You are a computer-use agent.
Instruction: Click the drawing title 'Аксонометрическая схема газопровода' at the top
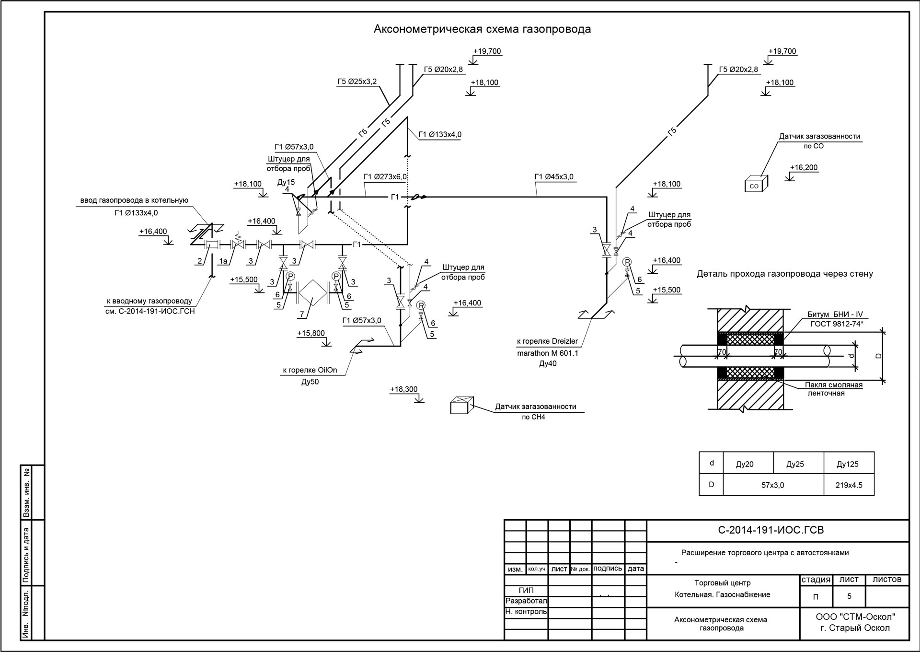(482, 29)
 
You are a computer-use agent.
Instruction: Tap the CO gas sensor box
(756, 184)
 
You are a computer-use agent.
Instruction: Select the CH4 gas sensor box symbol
(462, 405)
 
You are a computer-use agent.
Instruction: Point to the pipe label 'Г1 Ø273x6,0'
(385, 177)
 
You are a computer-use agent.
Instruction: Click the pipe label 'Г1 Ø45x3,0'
(554, 177)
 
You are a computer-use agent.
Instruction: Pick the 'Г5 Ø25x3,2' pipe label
(357, 81)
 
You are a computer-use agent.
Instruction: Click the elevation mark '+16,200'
(804, 168)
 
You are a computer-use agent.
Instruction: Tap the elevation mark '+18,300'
(404, 389)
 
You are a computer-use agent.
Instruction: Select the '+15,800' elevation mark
(311, 333)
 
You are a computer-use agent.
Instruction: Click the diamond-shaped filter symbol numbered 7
(312, 291)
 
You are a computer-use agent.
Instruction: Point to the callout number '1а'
(223, 261)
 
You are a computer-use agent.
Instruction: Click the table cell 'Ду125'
(847, 464)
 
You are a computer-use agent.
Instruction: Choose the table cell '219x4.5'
(849, 485)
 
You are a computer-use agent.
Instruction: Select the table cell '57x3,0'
(773, 485)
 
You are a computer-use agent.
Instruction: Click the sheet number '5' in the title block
(850, 597)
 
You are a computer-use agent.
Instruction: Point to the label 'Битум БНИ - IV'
(835, 315)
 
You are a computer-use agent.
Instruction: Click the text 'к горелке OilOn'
(310, 370)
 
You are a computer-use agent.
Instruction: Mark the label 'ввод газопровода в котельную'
(134, 200)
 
